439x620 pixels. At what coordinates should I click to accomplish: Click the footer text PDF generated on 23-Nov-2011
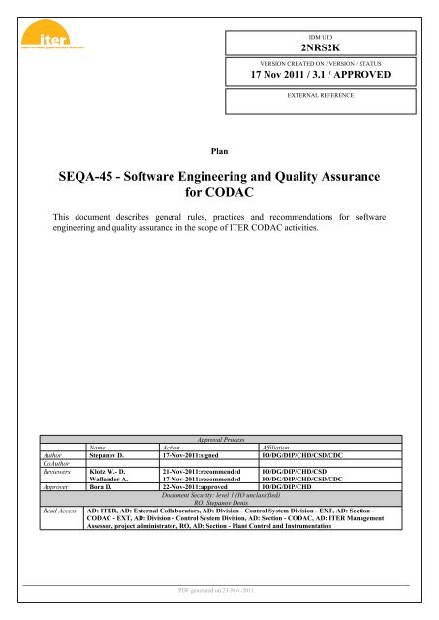coord(220,590)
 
